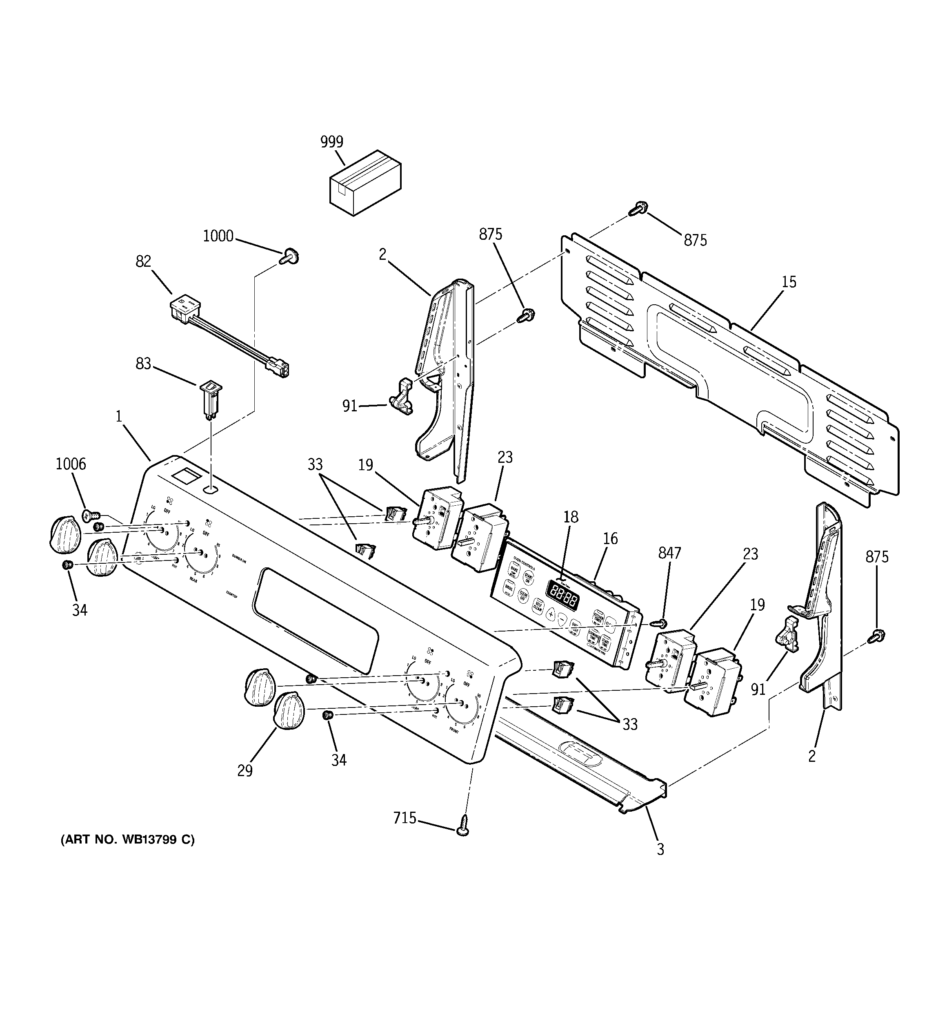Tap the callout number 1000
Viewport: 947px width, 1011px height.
(218, 236)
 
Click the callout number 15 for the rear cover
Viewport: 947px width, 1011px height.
(788, 282)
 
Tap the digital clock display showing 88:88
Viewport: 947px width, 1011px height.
(562, 595)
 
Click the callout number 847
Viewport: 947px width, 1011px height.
(669, 553)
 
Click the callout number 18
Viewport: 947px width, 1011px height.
(570, 517)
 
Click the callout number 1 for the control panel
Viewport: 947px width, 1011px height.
(118, 417)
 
